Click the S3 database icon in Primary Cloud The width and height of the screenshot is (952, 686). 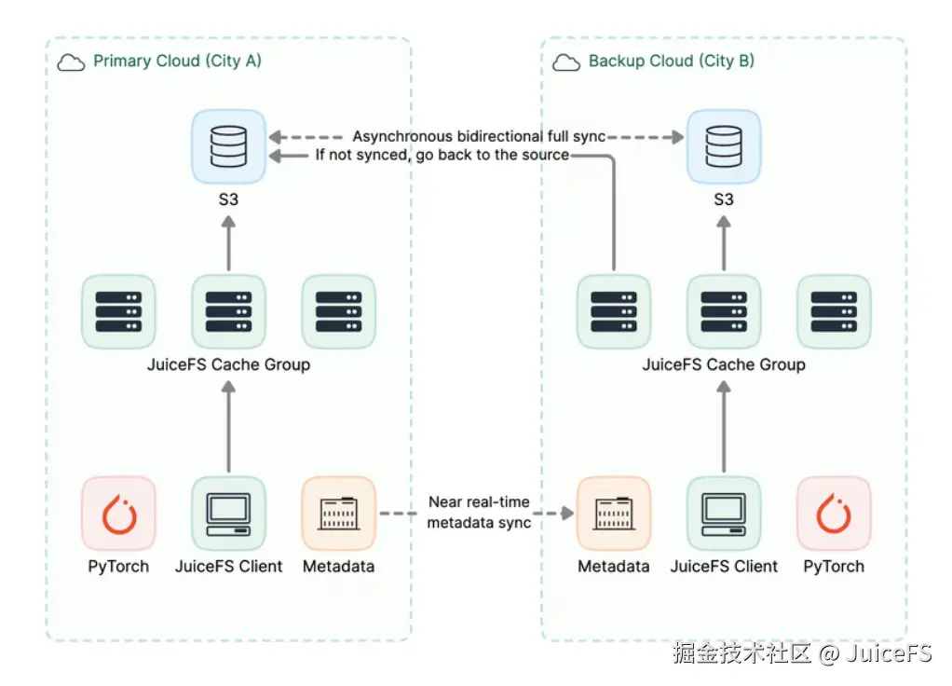(x=228, y=146)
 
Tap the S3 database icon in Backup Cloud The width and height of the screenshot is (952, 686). (x=724, y=146)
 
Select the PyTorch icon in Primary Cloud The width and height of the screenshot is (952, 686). (x=118, y=514)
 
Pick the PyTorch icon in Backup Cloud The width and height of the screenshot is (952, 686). (x=834, y=514)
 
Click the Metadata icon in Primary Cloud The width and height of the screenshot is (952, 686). (x=338, y=514)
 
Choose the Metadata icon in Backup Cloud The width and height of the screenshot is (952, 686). (x=614, y=514)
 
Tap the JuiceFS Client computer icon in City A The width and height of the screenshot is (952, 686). (x=228, y=514)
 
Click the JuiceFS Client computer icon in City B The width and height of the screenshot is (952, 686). (x=724, y=514)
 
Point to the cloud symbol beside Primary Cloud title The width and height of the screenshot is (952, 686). (x=71, y=62)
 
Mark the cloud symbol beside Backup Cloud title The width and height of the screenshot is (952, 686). (x=566, y=62)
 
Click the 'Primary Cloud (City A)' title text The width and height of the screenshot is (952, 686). (x=177, y=62)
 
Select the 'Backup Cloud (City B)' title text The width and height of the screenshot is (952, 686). (x=671, y=62)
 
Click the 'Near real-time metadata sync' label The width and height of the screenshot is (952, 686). (x=479, y=513)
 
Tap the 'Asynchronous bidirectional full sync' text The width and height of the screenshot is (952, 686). (x=479, y=137)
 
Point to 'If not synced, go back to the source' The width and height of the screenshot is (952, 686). (x=442, y=155)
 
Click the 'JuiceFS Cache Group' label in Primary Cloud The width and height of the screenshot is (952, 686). (x=228, y=364)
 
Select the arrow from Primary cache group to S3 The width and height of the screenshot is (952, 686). (x=228, y=244)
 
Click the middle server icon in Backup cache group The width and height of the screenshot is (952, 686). (x=724, y=311)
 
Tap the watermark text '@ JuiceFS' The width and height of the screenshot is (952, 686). (x=876, y=653)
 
